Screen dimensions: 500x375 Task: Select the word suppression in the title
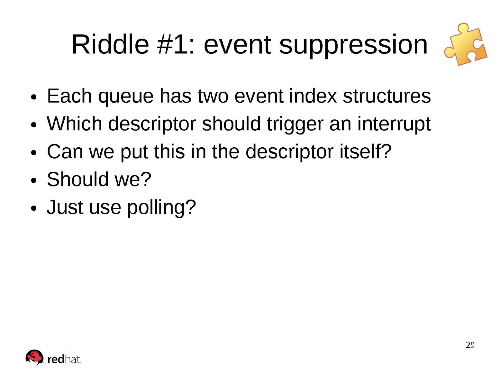tap(353, 46)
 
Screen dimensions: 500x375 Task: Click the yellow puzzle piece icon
tap(465, 44)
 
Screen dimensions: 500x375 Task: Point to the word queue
tap(126, 97)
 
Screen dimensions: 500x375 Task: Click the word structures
tap(387, 96)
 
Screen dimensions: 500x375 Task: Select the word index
tap(313, 96)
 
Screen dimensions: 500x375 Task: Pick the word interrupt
tap(394, 124)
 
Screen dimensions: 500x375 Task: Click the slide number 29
tap(470, 345)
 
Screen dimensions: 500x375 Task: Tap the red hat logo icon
tap(34, 357)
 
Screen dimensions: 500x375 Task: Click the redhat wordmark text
tap(64, 360)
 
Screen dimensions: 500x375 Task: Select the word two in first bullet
tap(213, 96)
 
